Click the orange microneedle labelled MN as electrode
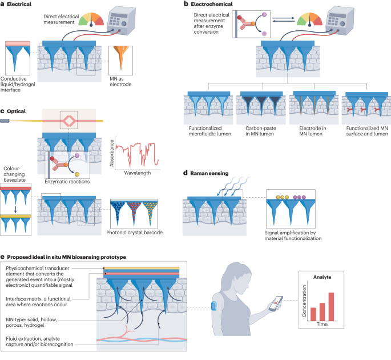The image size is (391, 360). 121,56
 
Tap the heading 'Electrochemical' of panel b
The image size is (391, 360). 212,4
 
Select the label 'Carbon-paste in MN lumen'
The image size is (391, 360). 261,131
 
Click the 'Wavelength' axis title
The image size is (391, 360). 138,173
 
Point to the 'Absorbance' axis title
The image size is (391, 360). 112,153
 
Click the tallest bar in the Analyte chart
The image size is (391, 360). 331,307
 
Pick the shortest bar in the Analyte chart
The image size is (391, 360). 313,314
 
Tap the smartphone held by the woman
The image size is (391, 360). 276,303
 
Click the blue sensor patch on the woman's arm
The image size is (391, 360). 214,306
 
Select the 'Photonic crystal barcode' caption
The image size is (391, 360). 134,233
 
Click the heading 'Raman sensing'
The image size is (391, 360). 209,173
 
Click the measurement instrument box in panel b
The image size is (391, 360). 340,21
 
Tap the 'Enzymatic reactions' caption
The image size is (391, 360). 67,182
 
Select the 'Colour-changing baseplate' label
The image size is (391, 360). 14,174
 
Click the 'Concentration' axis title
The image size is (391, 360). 304,301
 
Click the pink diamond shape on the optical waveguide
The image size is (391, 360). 68,121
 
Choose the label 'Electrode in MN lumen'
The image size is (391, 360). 312,131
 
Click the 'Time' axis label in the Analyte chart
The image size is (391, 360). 322,324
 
